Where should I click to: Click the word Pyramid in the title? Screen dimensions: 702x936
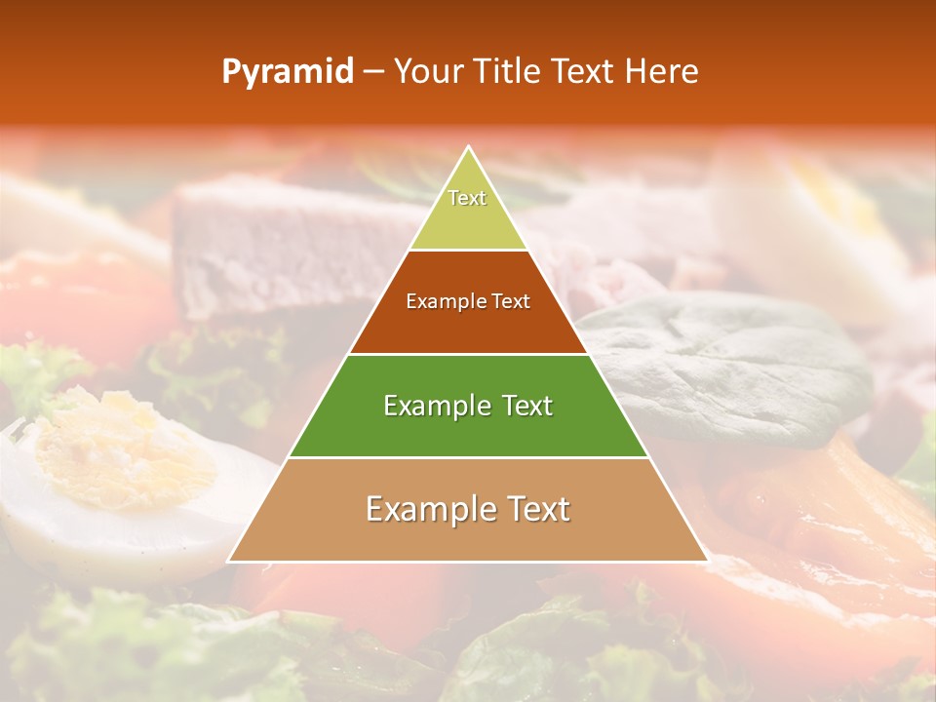288,71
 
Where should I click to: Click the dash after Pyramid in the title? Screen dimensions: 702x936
373,72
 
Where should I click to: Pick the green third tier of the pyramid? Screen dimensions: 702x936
468,429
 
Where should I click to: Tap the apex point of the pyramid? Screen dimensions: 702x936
468,147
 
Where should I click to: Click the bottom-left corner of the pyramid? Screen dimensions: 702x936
229,561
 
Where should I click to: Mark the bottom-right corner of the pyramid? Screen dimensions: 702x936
707,561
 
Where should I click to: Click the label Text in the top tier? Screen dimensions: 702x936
467,198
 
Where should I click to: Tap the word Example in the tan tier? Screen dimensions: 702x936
426,509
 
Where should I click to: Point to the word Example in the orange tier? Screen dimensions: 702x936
444,302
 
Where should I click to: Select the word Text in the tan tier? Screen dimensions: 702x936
533,509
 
